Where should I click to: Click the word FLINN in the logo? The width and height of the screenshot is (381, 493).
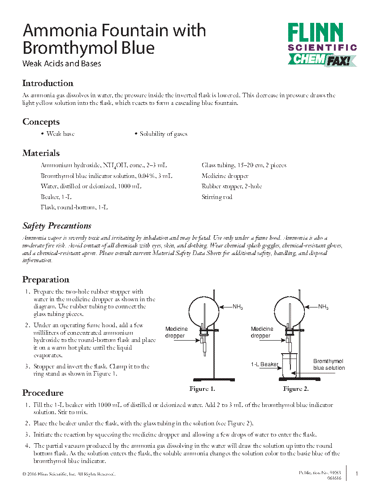[316, 34]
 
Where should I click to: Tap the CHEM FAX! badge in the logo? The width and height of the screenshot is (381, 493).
[322, 60]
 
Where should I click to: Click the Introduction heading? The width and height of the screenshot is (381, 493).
[48, 83]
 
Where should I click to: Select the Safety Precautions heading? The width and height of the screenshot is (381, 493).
[57, 226]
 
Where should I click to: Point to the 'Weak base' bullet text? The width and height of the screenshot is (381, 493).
[61, 134]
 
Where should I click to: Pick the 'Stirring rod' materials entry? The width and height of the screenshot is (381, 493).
[217, 197]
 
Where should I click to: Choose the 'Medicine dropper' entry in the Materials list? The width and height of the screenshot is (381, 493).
[225, 176]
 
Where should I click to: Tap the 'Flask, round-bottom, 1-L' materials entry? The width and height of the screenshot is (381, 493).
[74, 208]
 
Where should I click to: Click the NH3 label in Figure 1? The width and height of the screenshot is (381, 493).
[238, 307]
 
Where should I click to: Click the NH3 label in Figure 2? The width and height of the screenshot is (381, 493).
[323, 307]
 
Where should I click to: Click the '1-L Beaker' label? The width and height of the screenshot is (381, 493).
[264, 364]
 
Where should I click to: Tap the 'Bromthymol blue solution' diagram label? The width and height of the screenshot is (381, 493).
[329, 364]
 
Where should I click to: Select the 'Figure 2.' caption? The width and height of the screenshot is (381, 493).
[295, 389]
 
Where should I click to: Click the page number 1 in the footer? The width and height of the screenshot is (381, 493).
[357, 474]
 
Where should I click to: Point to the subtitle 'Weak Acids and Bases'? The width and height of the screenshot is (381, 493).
[62, 64]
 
